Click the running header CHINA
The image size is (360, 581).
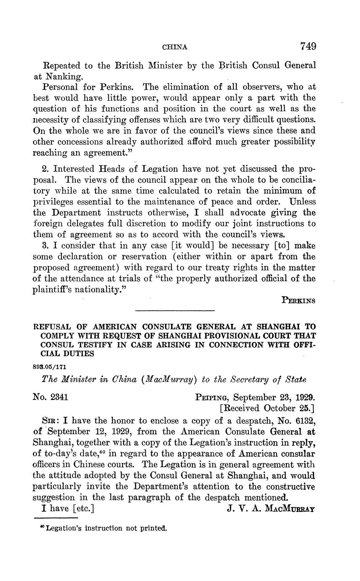(175, 47)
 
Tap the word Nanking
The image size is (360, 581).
(63, 77)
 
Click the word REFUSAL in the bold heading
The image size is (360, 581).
(53, 327)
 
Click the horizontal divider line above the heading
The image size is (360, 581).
(175, 311)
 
